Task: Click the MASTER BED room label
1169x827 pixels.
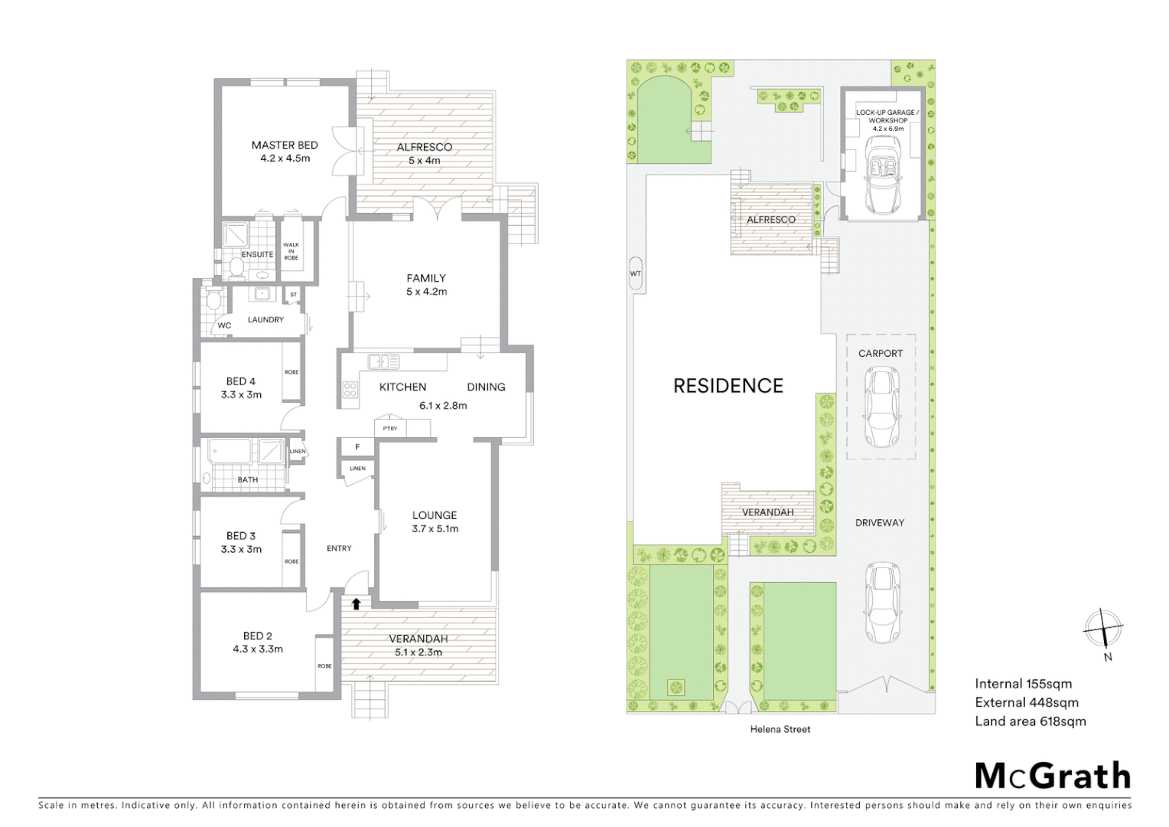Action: (x=285, y=145)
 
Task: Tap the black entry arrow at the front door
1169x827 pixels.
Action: (x=356, y=603)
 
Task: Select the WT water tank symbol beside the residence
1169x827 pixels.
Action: (x=635, y=273)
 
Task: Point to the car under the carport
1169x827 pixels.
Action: (x=881, y=407)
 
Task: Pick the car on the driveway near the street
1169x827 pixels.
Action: (x=881, y=603)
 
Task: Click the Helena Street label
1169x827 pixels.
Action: (x=780, y=729)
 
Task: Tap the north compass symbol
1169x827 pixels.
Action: (x=1102, y=629)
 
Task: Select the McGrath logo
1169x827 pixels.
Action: (x=1052, y=776)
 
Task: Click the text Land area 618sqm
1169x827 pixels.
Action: (x=1030, y=721)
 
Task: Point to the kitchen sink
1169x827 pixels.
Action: (x=383, y=361)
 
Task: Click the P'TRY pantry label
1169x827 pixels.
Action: (x=390, y=428)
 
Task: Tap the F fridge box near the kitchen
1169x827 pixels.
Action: (x=357, y=446)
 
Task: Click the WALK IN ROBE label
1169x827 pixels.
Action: (x=291, y=251)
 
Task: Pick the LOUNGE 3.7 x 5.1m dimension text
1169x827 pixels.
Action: (x=435, y=528)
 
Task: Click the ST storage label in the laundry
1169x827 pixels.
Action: (x=293, y=294)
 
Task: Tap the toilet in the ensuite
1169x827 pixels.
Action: (x=236, y=267)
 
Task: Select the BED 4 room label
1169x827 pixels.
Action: (x=240, y=381)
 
